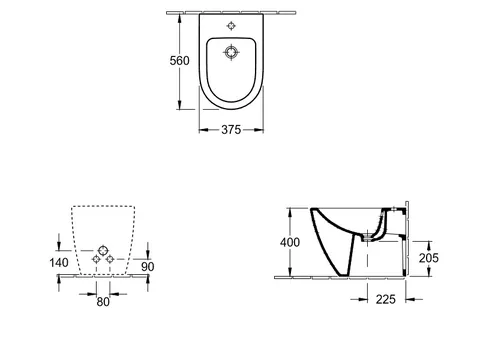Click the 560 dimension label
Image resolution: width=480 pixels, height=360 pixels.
click(x=179, y=61)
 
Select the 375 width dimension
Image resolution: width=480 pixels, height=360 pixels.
click(x=231, y=130)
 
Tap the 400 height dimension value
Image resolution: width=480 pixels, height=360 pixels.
click(x=290, y=242)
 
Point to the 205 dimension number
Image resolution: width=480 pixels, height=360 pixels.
click(x=429, y=258)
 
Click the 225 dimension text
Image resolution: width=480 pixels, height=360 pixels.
click(x=386, y=299)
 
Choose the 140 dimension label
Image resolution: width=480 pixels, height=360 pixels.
click(x=59, y=263)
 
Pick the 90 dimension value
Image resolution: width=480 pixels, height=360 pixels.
click(x=148, y=267)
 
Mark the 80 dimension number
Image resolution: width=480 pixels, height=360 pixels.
click(x=103, y=302)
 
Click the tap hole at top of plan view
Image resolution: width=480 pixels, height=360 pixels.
click(x=231, y=26)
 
